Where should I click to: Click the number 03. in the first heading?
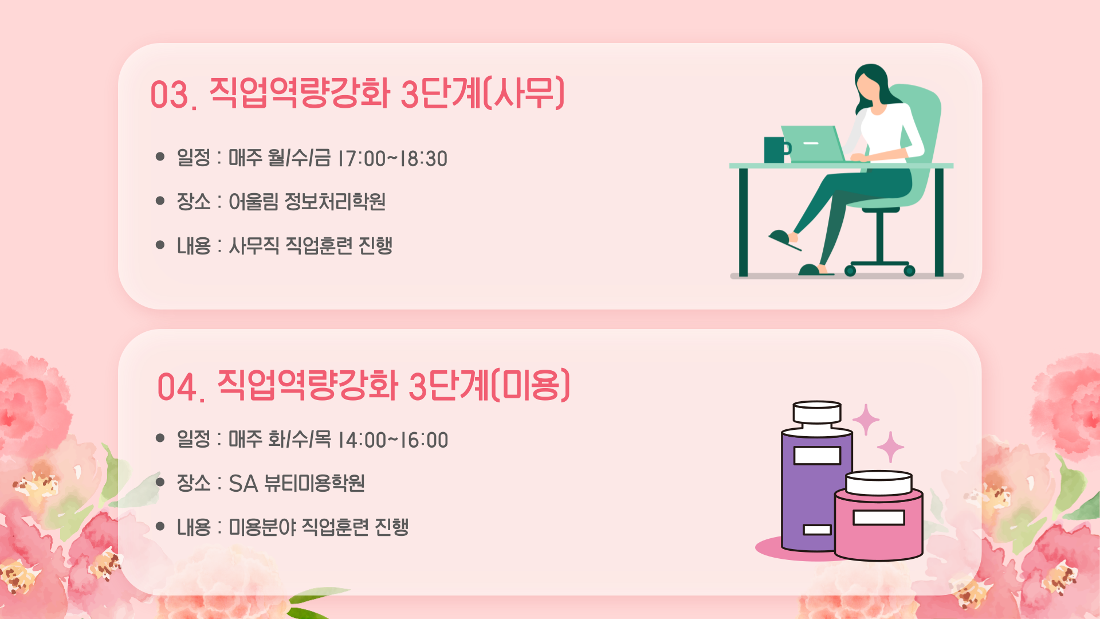pyautogui.click(x=174, y=95)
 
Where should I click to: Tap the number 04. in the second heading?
pyautogui.click(x=181, y=387)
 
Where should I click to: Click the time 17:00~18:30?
pyautogui.click(x=393, y=159)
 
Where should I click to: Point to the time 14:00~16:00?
pyautogui.click(x=394, y=440)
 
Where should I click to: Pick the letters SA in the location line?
pyautogui.click(x=243, y=484)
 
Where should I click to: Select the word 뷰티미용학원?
pyautogui.click(x=315, y=483)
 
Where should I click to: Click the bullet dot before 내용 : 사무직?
pyautogui.click(x=160, y=245)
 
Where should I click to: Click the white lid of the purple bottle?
pyautogui.click(x=817, y=412)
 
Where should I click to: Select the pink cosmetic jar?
pyautogui.click(x=879, y=515)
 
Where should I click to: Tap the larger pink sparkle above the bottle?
pyautogui.click(x=866, y=420)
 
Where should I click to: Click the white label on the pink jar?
pyautogui.click(x=879, y=518)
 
